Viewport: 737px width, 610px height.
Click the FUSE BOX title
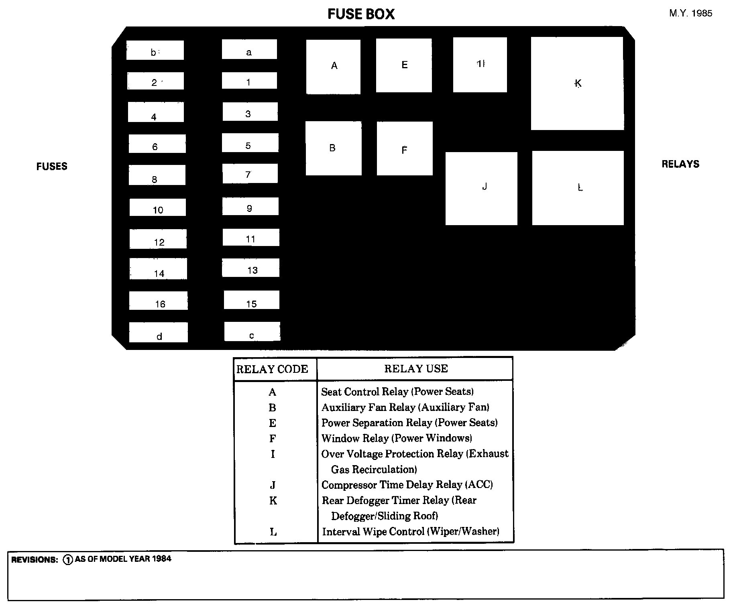coord(361,14)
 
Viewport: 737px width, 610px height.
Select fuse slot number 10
coord(158,207)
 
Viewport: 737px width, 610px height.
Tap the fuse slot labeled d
coord(159,332)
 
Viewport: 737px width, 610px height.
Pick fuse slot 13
coord(251,268)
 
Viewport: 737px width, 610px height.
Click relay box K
coord(577,83)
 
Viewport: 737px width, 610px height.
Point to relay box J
coord(481,188)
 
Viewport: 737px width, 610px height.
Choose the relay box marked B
coord(333,148)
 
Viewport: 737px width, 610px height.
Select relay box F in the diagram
coord(405,148)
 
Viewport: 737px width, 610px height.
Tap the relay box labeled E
coord(404,65)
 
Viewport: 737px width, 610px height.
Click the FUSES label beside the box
coord(52,167)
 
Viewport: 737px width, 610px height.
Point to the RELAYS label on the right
coord(680,164)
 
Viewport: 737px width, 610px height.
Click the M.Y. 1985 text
coord(690,13)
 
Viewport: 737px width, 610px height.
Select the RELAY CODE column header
coord(272,369)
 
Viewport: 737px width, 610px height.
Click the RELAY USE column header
coord(416,369)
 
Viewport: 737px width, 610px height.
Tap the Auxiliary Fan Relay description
coord(405,407)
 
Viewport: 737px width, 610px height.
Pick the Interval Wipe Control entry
coord(411,532)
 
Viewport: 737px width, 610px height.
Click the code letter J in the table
coord(273,485)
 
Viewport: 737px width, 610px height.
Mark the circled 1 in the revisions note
coord(68,559)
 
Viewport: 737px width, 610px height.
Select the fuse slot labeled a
coord(249,50)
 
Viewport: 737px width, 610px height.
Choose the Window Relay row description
coord(397,438)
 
